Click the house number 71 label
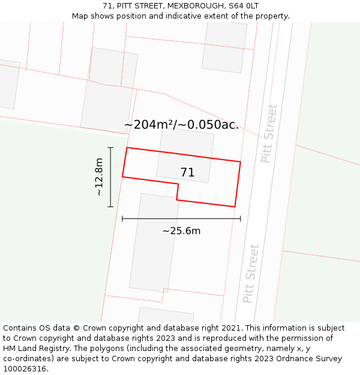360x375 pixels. [187, 173]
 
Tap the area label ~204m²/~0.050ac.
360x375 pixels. [181, 125]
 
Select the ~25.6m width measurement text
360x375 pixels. [181, 231]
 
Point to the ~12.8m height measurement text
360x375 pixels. [99, 177]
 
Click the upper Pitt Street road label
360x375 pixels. [269, 133]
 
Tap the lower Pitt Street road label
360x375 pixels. [251, 274]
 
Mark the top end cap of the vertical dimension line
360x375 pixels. [110, 147]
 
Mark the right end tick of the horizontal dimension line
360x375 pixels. [241, 219]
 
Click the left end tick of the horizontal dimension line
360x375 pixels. [122, 219]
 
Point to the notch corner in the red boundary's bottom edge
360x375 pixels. [178, 185]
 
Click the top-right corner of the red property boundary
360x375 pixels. [241, 161]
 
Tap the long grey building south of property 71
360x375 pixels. [154, 242]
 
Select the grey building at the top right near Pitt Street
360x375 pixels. [224, 46]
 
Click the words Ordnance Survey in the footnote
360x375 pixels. [313, 359]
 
